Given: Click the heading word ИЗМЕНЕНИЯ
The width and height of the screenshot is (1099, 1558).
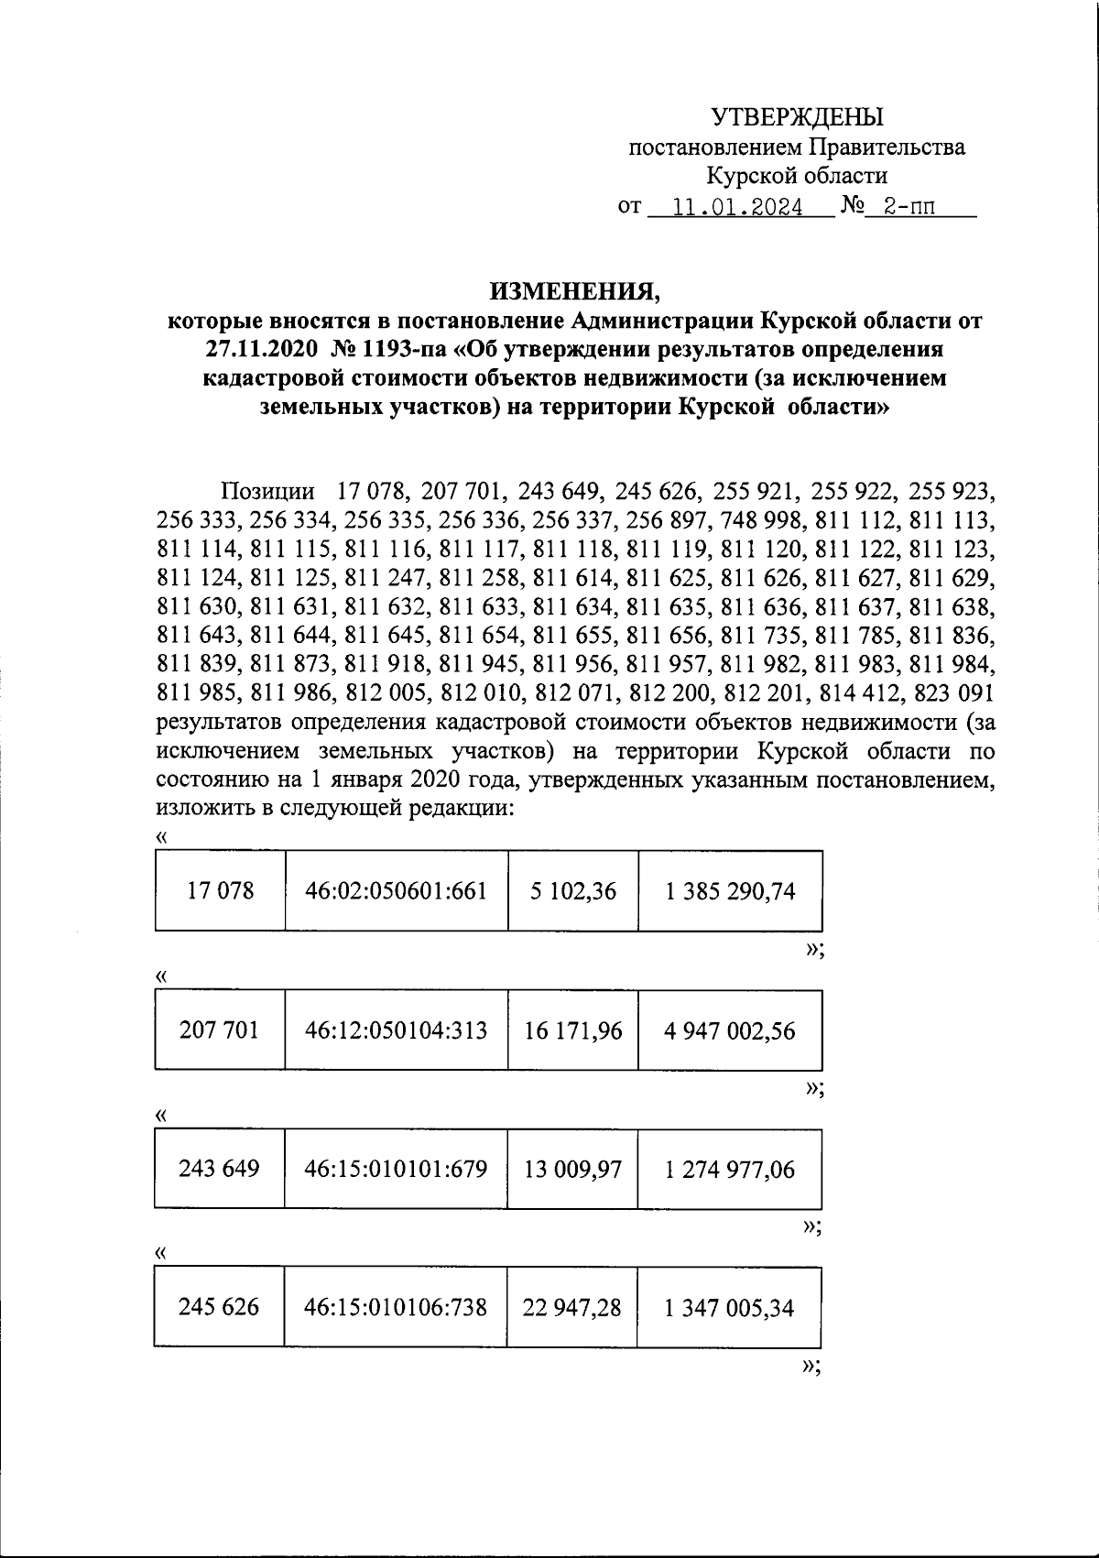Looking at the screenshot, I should (573, 291).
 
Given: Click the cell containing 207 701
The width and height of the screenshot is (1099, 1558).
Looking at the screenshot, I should (219, 1030).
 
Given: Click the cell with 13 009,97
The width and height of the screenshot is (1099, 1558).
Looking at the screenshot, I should (572, 1169).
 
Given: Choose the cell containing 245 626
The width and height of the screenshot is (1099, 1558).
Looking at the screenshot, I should (219, 1307).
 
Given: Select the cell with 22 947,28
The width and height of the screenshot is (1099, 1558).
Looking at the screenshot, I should (572, 1307).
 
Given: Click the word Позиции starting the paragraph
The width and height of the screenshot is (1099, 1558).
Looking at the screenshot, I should (271, 490).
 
